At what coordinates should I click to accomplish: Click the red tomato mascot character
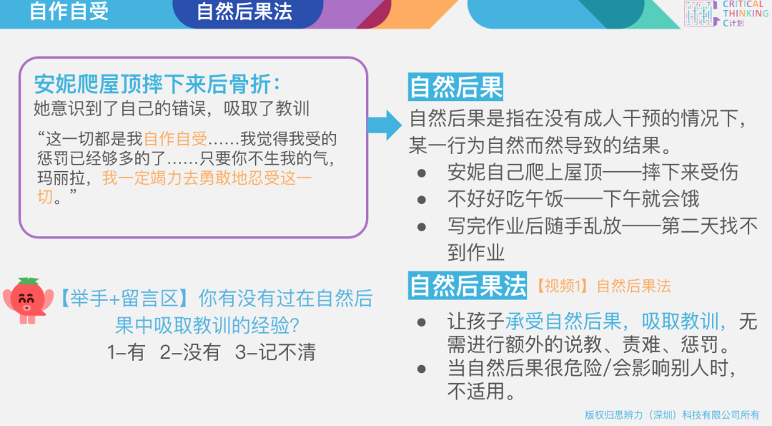point(29,300)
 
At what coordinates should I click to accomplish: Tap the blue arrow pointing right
point(385,125)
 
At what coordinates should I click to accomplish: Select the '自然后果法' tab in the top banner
point(244,12)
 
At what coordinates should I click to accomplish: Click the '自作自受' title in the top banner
point(69,11)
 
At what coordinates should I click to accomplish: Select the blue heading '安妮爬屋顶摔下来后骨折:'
point(157,84)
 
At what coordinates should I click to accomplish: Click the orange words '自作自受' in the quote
point(176,139)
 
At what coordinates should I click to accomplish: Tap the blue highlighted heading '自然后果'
point(455,87)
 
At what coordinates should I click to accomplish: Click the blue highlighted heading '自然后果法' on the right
point(467,285)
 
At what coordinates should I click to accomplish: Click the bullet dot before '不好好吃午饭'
point(422,200)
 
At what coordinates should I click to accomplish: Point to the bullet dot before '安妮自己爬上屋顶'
point(422,173)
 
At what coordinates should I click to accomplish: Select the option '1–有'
point(126,352)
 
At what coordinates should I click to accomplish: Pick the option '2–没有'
point(190,352)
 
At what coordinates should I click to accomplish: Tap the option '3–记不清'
point(275,352)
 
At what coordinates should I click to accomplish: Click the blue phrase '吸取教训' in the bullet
point(680,321)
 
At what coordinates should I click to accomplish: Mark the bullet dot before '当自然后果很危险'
point(422,369)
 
